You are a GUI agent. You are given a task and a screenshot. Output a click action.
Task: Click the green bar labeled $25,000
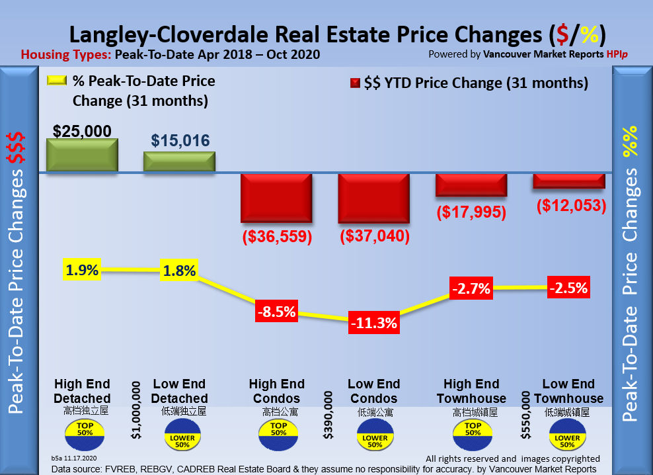click(x=82, y=155)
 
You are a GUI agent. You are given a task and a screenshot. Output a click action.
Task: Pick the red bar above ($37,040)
click(x=373, y=198)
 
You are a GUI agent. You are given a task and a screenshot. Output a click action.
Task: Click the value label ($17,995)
click(x=471, y=212)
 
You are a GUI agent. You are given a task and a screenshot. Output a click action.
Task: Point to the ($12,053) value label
click(x=569, y=205)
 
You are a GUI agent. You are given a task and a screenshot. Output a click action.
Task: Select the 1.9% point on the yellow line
click(x=82, y=269)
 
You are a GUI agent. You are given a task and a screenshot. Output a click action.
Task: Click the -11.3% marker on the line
click(x=374, y=323)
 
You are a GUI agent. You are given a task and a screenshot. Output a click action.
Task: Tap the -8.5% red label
click(x=276, y=310)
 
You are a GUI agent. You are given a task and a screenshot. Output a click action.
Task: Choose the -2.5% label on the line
click(x=569, y=288)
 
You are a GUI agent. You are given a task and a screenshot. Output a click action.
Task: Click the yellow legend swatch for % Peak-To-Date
click(x=57, y=81)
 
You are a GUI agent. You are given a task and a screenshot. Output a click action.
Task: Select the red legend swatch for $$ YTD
click(x=354, y=83)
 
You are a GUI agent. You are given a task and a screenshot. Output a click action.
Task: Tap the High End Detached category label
click(x=82, y=391)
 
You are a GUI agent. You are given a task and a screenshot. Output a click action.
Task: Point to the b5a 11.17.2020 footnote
click(x=74, y=458)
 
